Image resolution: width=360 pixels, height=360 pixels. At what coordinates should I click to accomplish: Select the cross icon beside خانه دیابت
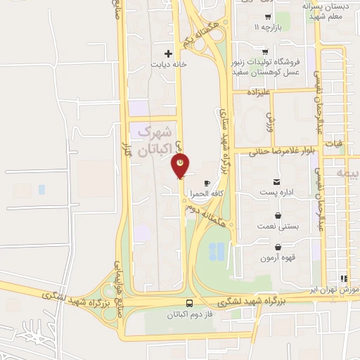click(168, 53)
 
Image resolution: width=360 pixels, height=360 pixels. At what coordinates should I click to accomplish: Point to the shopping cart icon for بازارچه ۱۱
click(268, 17)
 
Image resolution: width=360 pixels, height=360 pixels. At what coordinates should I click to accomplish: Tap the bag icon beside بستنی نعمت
click(279, 216)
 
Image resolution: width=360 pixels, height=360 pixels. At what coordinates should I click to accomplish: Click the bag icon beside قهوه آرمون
click(279, 247)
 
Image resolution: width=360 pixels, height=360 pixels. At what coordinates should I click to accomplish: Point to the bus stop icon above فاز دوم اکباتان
click(190, 303)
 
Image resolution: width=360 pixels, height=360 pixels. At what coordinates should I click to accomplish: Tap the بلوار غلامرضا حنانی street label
click(279, 150)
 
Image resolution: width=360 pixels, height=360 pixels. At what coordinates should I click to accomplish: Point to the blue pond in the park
click(218, 250)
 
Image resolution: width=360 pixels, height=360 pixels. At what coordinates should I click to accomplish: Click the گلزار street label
click(127, 150)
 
